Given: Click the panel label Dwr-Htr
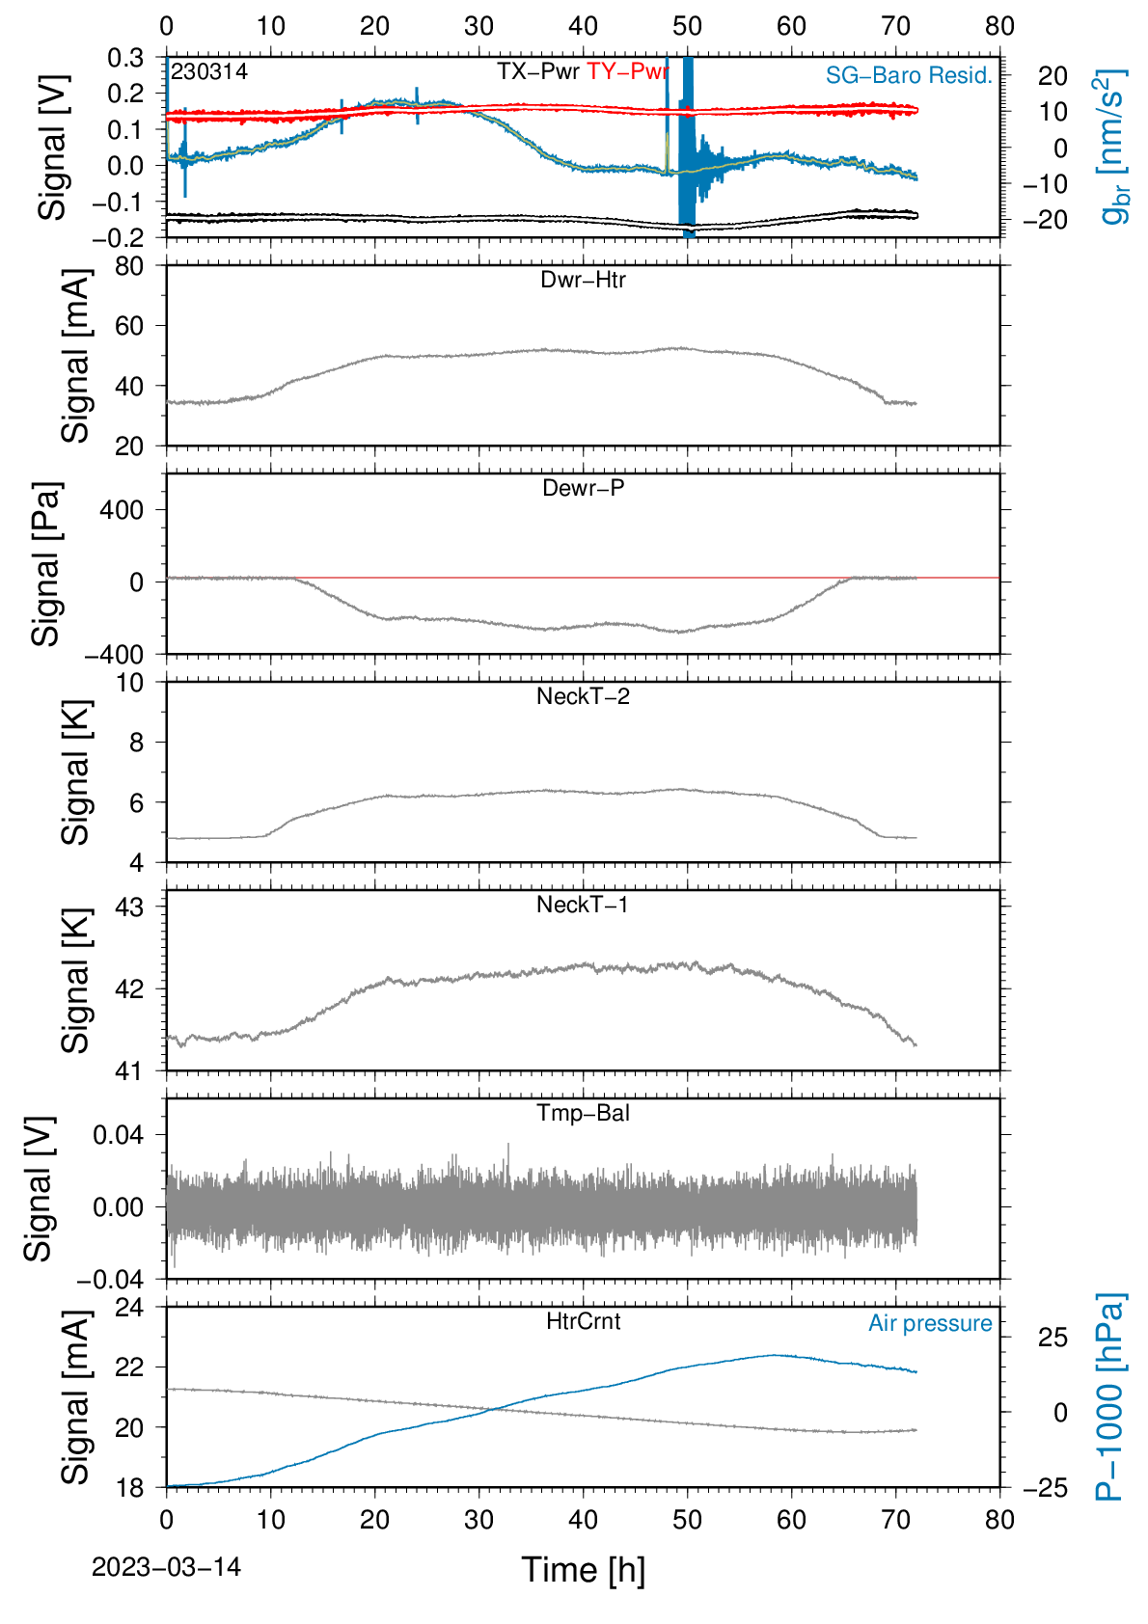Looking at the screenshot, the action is point(583,280).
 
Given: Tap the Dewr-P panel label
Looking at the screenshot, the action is point(583,488).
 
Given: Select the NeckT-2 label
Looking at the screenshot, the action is point(583,696).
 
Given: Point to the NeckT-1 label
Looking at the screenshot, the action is point(583,904).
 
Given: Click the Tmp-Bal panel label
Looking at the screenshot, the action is point(583,1113).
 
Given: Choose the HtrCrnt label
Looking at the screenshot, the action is point(583,1321).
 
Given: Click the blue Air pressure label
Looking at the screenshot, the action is point(930,1324).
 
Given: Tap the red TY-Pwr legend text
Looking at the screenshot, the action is point(627,71).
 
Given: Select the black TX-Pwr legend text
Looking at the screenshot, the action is point(538,71).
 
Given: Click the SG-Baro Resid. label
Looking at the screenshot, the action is point(910,75).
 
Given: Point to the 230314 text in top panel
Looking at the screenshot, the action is point(209,71).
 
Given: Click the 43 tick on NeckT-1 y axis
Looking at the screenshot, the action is point(130,907).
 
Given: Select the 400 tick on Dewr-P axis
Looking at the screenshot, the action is point(122,510).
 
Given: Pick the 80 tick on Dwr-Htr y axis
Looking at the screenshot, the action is point(130,266).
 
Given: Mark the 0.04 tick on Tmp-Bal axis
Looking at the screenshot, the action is point(119,1135).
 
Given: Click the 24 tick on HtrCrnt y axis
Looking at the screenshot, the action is point(130,1307).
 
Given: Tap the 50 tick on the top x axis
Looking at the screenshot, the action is point(688,26).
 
